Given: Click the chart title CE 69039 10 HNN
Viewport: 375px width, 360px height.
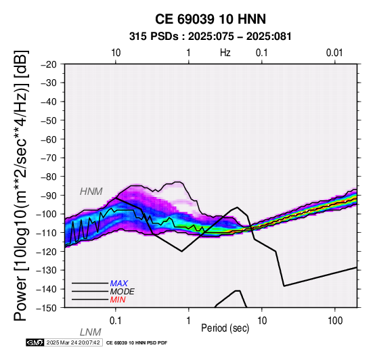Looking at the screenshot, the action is tap(211, 19).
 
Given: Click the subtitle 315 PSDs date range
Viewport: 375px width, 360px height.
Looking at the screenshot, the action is tap(211, 37).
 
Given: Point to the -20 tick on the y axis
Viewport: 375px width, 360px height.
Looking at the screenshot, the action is tap(49, 64).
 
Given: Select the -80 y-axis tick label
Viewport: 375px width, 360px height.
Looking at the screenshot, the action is tap(49, 177).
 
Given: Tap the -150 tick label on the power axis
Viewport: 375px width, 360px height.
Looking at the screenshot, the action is tap(47, 308).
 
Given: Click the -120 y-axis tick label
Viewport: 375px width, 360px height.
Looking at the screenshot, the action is tap(47, 252).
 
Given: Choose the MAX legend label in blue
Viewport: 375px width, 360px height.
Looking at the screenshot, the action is tap(119, 284).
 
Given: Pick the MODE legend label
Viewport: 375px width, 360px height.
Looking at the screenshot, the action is tap(123, 292).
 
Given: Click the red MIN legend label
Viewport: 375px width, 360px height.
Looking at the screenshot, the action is tap(118, 300).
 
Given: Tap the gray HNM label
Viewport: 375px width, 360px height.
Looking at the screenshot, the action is tap(91, 192).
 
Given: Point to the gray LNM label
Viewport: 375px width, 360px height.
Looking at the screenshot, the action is tap(91, 332).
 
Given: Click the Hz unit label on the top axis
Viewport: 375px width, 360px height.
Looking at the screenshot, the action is tap(225, 53).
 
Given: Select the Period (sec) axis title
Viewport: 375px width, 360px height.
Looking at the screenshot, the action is tap(225, 328).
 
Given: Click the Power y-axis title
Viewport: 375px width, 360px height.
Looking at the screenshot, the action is tap(20, 185).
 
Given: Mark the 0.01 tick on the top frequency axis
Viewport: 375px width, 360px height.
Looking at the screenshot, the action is tap(334, 53).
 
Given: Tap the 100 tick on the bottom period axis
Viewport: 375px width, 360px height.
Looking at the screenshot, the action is tap(335, 321).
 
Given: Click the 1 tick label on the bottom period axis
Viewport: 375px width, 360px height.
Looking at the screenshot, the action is tap(188, 321).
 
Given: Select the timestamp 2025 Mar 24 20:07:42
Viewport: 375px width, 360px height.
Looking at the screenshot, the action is tap(73, 342).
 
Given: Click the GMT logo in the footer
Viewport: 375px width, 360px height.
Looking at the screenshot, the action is tap(35, 342).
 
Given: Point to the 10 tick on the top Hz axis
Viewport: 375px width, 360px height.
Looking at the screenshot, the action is tap(116, 53).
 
